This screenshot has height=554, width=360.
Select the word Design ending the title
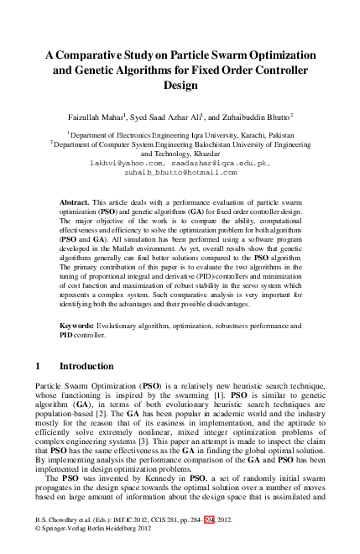pyautogui.click(x=180, y=85)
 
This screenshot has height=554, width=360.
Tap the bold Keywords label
pyautogui.click(x=78, y=324)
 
